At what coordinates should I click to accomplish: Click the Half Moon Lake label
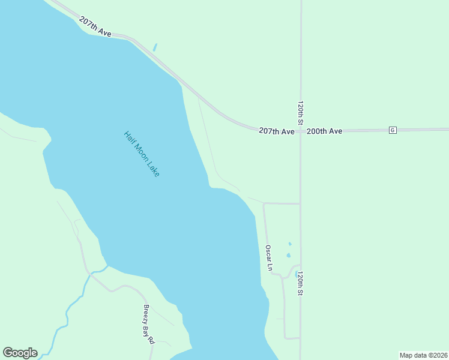142,154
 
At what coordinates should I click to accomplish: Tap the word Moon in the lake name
142,154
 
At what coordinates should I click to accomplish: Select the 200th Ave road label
324,131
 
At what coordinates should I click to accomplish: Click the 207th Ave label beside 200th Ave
277,131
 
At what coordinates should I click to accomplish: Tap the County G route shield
393,130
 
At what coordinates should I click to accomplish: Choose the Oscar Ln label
270,257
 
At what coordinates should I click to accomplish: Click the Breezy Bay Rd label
148,324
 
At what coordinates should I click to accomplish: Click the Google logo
20,353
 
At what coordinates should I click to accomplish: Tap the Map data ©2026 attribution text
423,355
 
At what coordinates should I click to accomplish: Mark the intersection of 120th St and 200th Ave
301,130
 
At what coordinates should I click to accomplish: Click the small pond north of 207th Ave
155,47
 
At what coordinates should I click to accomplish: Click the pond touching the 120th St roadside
296,273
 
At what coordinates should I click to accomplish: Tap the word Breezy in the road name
146,315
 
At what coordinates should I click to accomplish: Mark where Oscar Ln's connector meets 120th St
301,203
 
